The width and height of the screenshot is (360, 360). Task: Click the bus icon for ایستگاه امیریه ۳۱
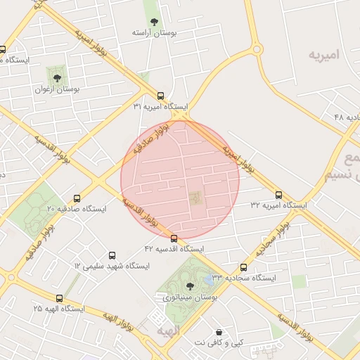(160, 96)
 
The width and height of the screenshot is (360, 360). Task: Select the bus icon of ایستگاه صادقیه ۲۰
(77, 198)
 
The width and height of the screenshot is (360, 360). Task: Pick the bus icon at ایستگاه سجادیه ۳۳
(244, 267)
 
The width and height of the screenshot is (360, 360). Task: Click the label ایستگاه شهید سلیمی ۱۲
(112, 266)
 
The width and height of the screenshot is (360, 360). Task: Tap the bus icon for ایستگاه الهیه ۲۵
(59, 297)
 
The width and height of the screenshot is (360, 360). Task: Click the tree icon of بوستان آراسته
(154, 20)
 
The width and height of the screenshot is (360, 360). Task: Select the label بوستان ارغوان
(58, 90)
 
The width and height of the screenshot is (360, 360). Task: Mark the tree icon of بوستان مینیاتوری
(191, 285)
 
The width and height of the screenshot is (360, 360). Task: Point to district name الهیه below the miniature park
(169, 330)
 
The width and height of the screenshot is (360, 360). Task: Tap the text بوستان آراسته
(154, 32)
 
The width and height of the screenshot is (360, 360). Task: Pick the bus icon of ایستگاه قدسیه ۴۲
(174, 238)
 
